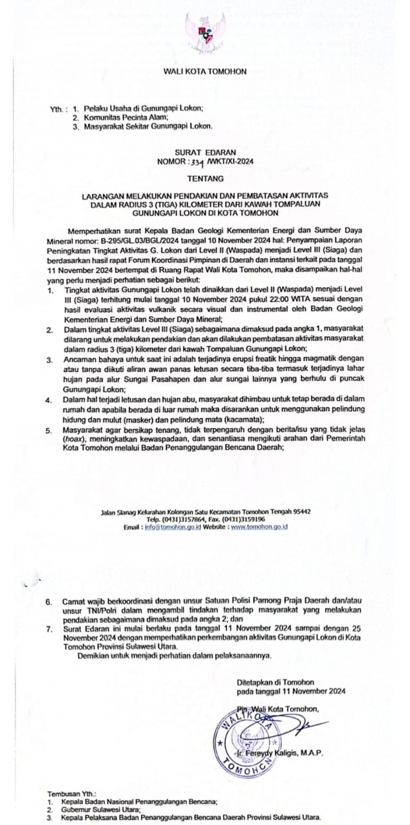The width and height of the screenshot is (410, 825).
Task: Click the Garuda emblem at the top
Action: (x=205, y=32)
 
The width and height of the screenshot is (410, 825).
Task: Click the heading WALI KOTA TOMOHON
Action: (x=205, y=71)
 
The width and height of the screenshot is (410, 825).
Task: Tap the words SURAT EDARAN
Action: (x=205, y=152)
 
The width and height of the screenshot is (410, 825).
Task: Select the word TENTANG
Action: (x=205, y=178)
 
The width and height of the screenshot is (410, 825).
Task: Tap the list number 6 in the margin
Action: (x=49, y=602)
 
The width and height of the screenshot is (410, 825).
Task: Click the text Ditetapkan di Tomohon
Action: (x=275, y=682)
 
